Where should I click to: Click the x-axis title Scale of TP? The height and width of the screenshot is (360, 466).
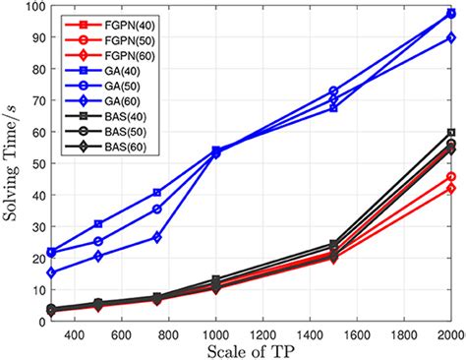pyautogui.click(x=250, y=349)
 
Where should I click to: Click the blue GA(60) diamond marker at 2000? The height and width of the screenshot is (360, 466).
pyautogui.click(x=451, y=37)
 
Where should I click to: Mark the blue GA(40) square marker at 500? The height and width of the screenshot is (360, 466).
pyautogui.click(x=98, y=224)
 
